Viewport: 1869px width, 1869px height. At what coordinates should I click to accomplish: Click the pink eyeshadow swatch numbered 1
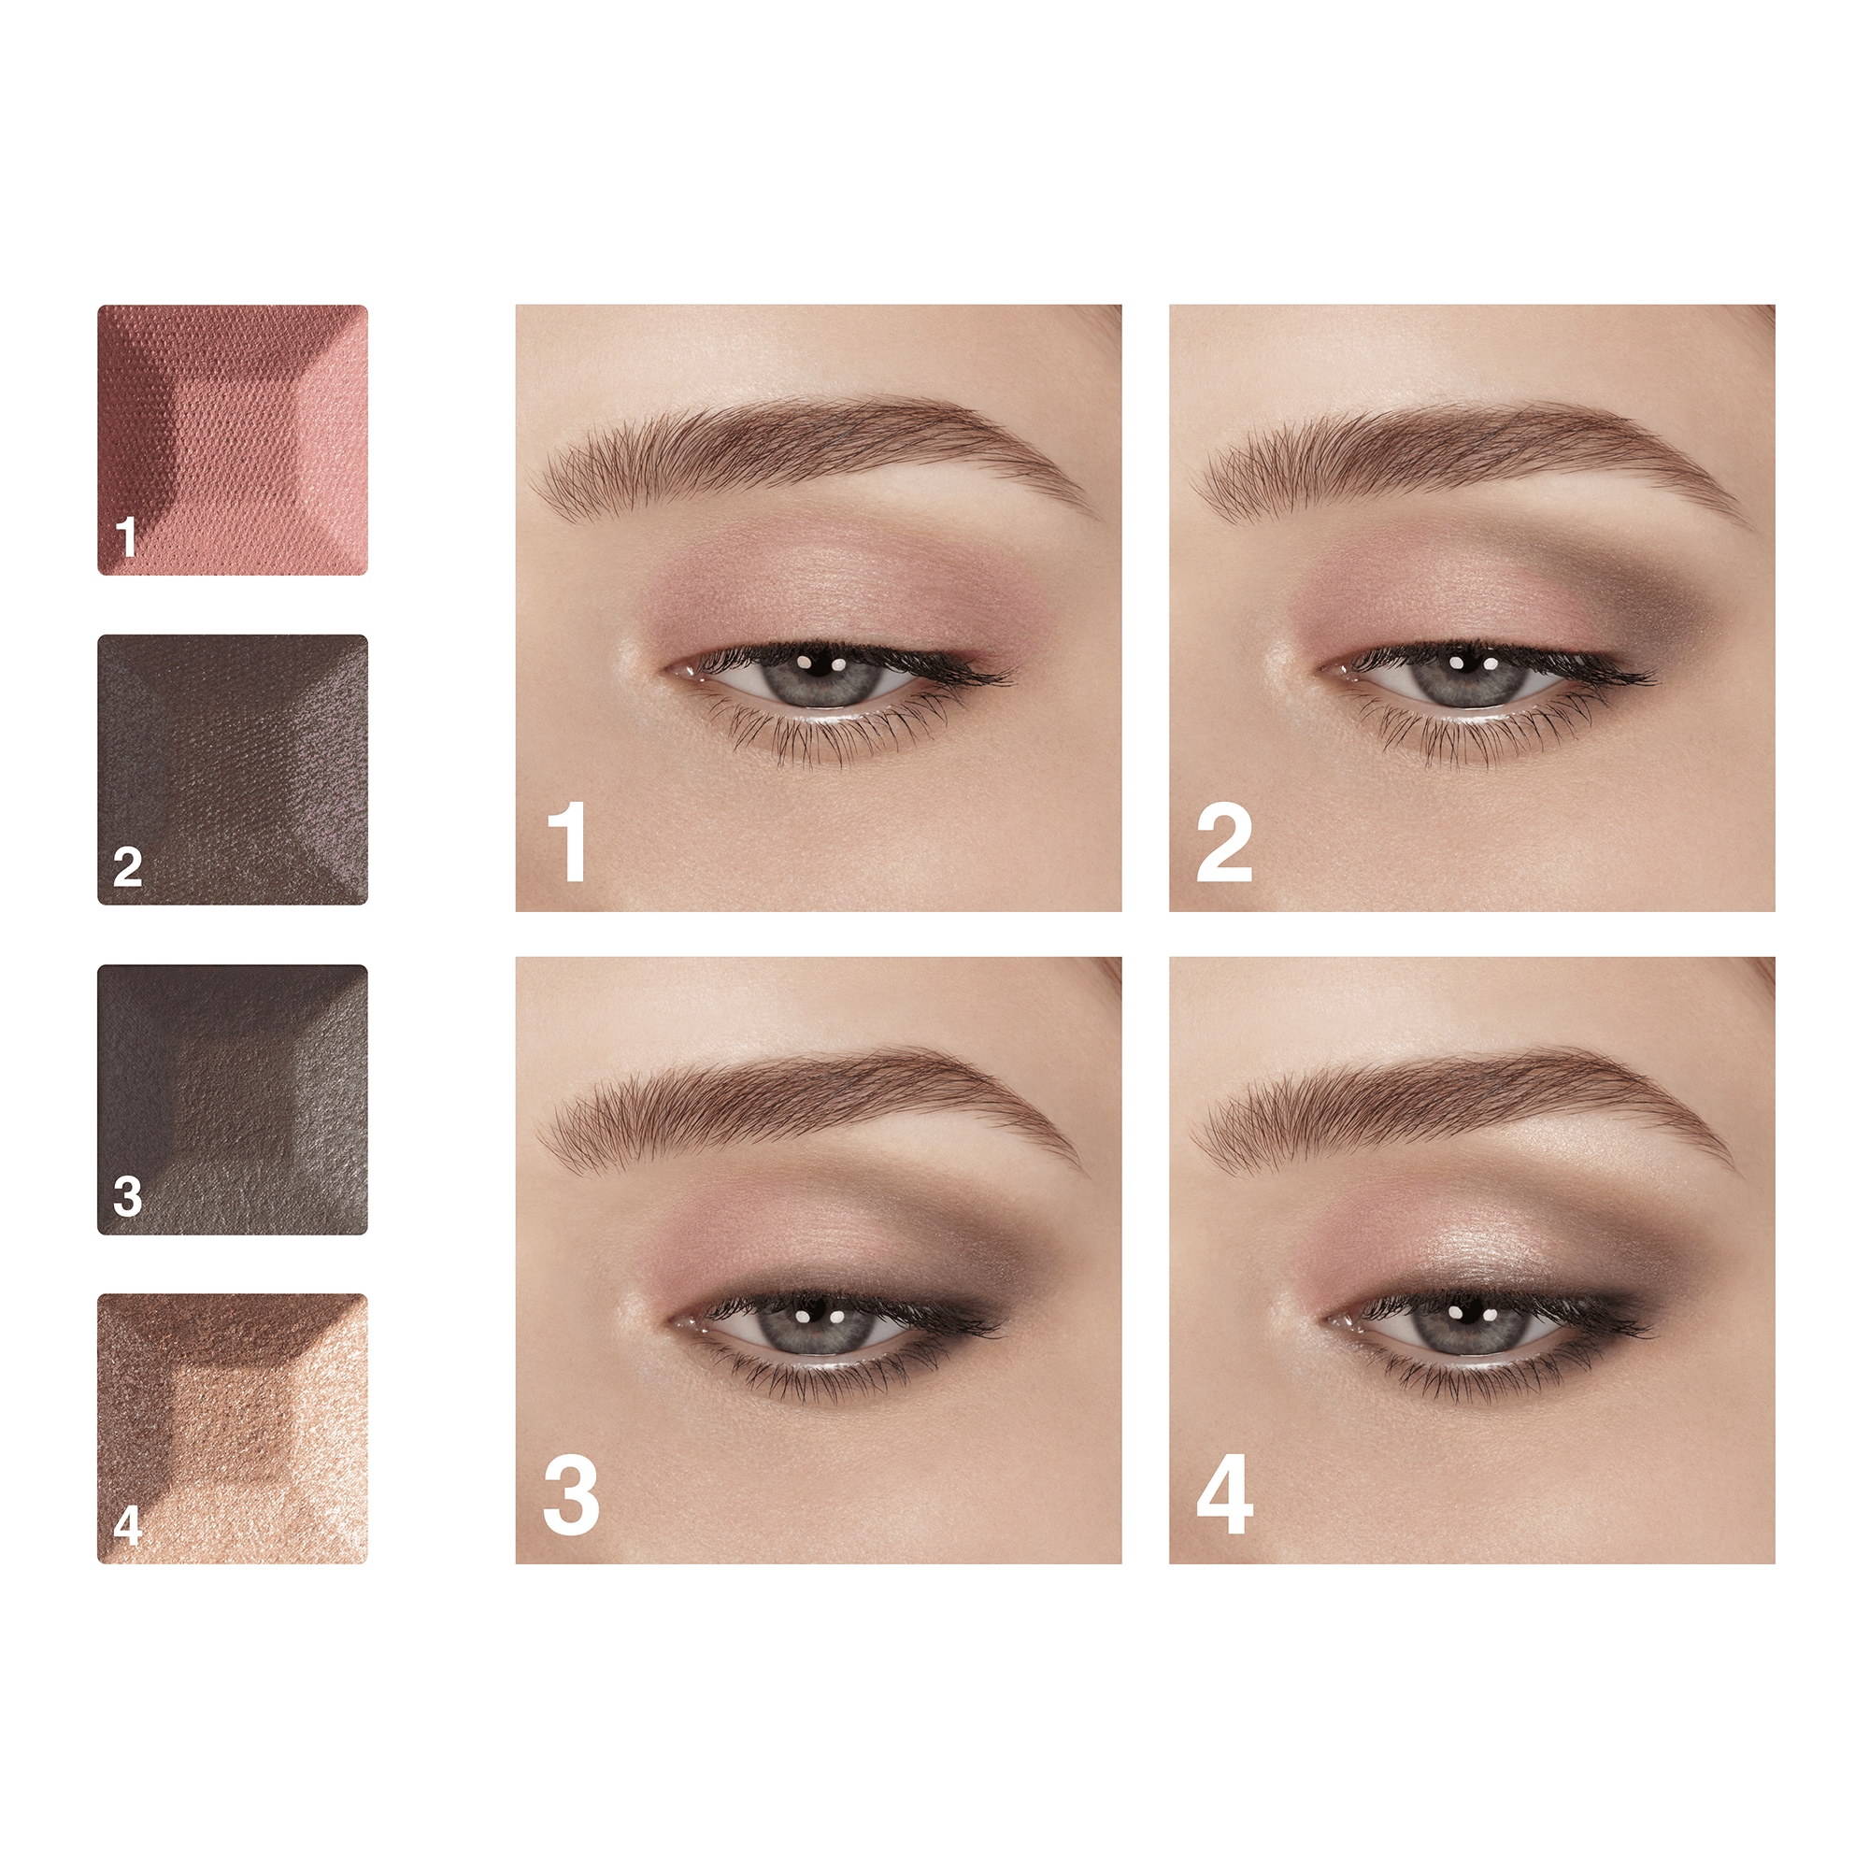[x=232, y=439]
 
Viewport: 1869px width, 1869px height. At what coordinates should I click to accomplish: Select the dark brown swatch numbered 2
[x=232, y=769]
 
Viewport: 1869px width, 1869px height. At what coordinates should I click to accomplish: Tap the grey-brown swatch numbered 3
[x=232, y=1099]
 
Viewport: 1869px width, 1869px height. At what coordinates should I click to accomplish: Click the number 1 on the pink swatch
[x=127, y=537]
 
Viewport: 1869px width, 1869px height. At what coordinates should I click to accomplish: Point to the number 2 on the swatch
[x=128, y=867]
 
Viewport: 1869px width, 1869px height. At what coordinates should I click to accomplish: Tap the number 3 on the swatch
[x=128, y=1197]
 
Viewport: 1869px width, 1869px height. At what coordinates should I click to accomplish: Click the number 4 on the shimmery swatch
[x=128, y=1527]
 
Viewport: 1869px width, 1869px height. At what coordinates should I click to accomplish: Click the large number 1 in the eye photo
[x=568, y=841]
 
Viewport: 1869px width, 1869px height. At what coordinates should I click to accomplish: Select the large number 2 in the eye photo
[x=1224, y=846]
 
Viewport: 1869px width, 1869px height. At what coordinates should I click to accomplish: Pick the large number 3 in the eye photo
[x=571, y=1496]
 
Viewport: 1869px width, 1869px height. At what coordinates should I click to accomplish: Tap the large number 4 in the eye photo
[x=1225, y=1496]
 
